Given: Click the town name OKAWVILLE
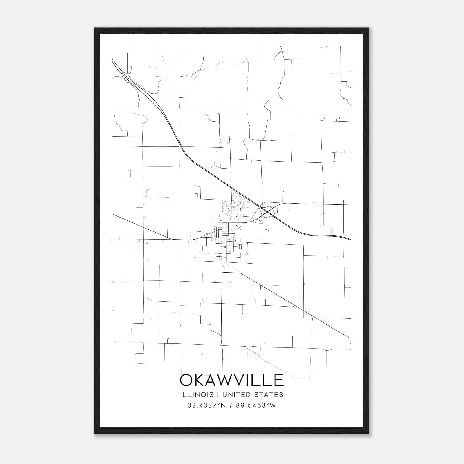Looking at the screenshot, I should [232, 380].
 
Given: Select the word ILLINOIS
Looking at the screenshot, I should [197, 395].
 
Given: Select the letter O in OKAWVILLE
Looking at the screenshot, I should [187, 380].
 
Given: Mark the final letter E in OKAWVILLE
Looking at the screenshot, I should [279, 380].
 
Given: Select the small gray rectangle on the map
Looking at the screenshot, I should [332, 231].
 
